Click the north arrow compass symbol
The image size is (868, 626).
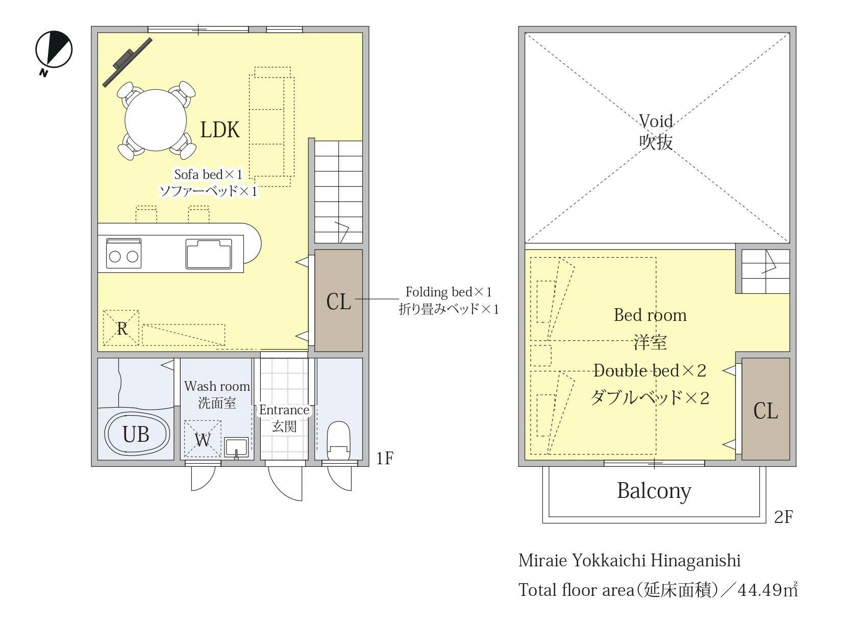click(54, 50)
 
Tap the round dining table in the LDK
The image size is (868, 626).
click(157, 120)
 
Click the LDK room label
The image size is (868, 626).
click(220, 130)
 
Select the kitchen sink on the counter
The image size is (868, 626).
click(209, 254)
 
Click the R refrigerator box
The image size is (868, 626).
click(121, 328)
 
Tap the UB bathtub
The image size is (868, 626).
click(136, 434)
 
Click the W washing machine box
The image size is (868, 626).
click(203, 439)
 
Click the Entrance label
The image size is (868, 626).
click(284, 410)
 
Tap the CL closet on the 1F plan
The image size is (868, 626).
click(338, 301)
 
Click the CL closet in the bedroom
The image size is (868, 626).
click(765, 410)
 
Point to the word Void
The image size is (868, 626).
click(656, 121)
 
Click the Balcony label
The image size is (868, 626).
click(654, 490)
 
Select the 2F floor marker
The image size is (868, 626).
click(783, 517)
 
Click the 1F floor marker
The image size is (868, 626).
click(385, 458)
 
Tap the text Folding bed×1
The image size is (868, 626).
click(449, 292)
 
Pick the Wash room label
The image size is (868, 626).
click(217, 386)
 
